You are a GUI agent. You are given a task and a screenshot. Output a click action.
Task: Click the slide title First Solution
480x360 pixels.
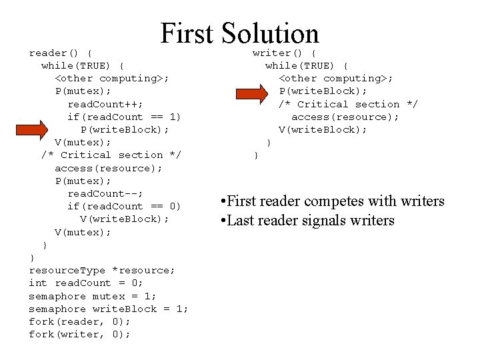[239, 33]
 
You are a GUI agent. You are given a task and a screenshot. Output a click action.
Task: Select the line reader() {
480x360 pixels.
[61, 53]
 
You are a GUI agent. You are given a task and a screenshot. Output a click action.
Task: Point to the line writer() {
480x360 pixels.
[285, 53]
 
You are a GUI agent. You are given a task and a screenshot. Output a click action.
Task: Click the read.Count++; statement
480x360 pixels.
[103, 104]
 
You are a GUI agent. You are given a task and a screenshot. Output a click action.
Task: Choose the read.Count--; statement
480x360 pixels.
[105, 193]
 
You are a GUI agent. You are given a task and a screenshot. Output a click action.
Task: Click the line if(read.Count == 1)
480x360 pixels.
[124, 117]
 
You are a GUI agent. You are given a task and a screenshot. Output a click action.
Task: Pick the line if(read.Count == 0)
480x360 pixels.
[124, 206]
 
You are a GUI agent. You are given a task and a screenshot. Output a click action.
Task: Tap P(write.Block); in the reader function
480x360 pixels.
[125, 129]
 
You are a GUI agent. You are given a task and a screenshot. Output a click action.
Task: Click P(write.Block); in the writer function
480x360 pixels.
[323, 91]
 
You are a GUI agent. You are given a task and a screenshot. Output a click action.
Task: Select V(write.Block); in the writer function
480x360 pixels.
[323, 129]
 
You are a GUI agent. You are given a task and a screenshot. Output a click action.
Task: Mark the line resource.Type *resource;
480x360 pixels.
[102, 270]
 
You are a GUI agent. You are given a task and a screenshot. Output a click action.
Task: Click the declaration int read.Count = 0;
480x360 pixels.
[86, 283]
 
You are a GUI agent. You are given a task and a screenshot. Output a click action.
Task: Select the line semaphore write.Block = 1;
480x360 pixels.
[109, 309]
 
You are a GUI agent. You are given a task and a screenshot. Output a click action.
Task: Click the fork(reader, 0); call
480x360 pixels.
[79, 321]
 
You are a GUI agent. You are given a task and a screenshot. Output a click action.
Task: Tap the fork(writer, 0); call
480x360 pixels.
[79, 334]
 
